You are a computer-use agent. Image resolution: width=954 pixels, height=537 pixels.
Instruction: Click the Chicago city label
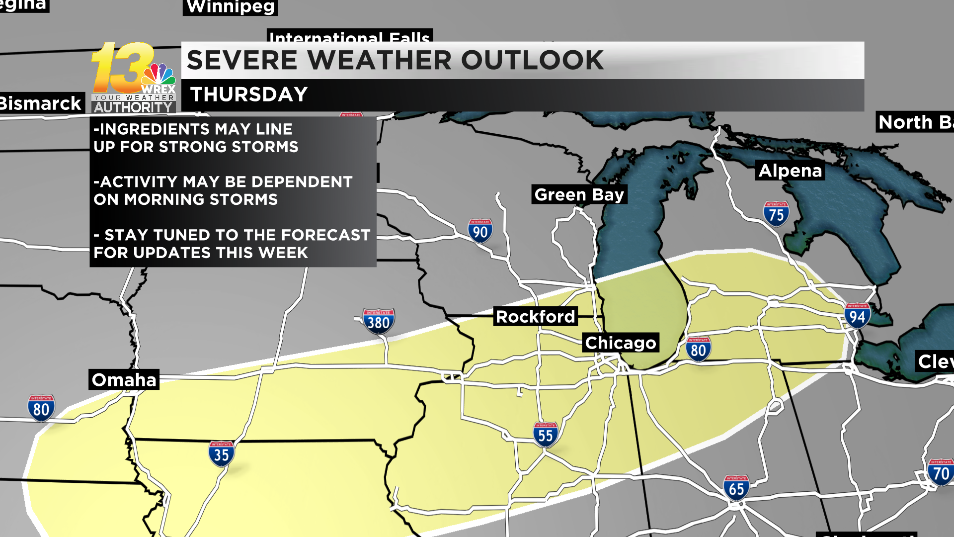click(621, 343)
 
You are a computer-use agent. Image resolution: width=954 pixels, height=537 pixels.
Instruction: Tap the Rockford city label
click(535, 316)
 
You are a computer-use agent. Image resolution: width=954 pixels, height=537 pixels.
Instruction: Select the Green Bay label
click(579, 194)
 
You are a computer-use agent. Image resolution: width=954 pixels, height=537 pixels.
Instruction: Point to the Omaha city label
click(124, 379)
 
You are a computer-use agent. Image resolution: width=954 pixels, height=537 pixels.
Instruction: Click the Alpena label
click(790, 171)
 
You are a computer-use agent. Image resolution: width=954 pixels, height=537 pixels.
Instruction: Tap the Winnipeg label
click(230, 7)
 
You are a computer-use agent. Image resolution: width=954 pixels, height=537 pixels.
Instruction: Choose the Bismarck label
click(41, 103)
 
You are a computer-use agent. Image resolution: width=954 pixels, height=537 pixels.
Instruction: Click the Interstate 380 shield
click(379, 322)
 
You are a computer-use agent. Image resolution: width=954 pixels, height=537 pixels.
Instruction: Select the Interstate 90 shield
click(480, 231)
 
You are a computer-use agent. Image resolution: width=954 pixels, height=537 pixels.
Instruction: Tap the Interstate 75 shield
click(776, 214)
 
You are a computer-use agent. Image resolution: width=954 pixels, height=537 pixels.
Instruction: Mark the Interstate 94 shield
click(857, 316)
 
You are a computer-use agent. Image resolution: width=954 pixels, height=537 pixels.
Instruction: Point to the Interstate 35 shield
click(221, 454)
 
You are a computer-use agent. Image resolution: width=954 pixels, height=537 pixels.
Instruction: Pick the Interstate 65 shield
click(736, 488)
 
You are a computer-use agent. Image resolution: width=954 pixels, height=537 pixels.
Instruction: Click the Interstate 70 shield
click(941, 472)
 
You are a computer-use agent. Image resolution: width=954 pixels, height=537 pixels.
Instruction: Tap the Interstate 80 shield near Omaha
click(41, 409)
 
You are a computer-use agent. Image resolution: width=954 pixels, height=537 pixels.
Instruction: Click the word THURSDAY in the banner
click(249, 94)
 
